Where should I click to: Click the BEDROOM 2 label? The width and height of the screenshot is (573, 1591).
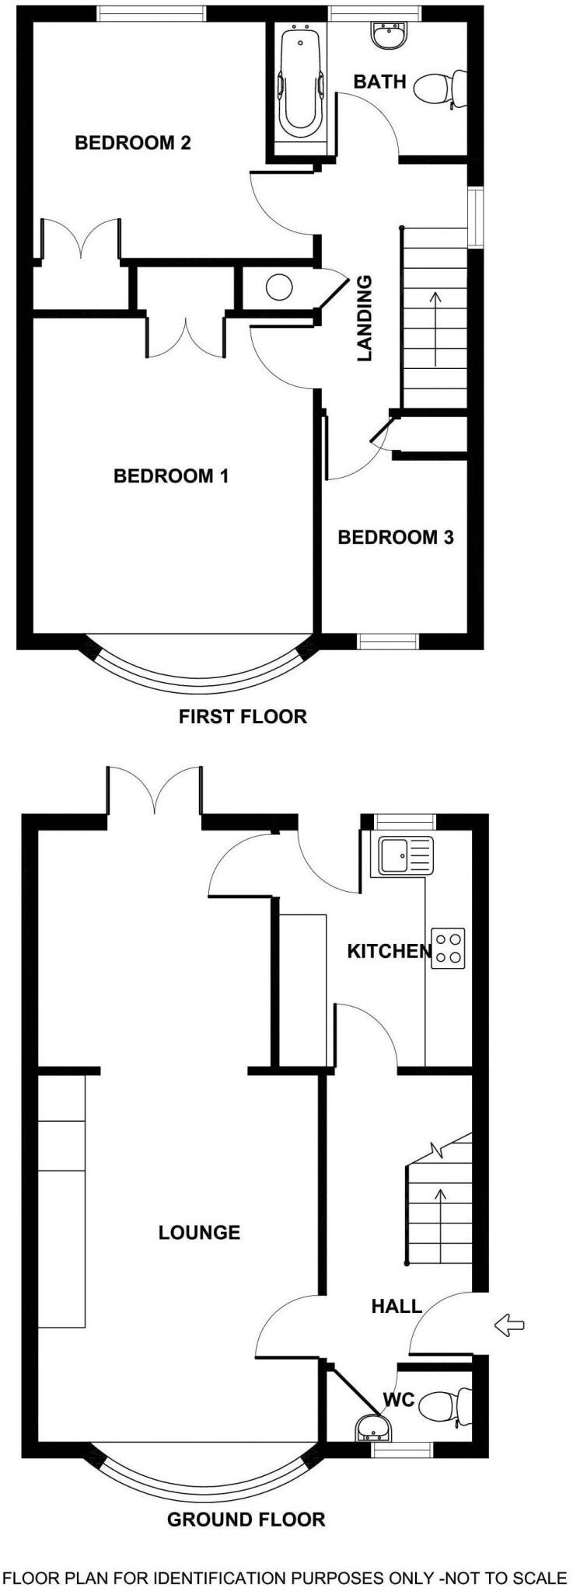(132, 143)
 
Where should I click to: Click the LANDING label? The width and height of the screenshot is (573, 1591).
(365, 319)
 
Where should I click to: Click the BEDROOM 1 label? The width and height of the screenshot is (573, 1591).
(171, 475)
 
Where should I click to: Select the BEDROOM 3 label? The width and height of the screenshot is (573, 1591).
(396, 537)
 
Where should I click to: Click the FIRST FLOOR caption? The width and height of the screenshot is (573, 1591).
(243, 716)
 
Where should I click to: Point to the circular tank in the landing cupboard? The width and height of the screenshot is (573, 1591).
(279, 287)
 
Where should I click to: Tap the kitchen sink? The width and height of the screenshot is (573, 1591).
(405, 857)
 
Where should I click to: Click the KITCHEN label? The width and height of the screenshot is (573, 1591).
(388, 951)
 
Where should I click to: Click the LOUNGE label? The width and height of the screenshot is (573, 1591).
(199, 1232)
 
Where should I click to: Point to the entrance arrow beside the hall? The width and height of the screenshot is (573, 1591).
(508, 1325)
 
